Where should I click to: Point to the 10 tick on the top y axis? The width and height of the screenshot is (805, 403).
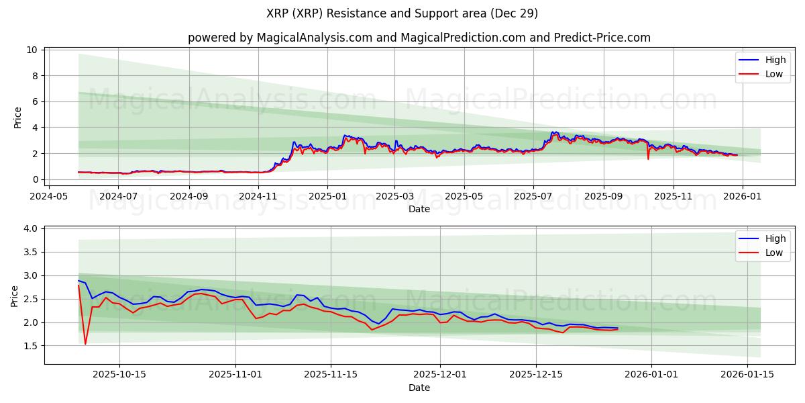[32, 50]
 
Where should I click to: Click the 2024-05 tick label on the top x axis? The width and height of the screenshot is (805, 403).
[49, 196]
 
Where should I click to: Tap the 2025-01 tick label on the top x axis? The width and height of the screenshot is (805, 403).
[327, 196]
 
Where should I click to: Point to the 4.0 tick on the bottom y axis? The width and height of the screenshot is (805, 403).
[30, 229]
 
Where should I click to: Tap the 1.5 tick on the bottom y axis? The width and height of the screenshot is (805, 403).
[30, 346]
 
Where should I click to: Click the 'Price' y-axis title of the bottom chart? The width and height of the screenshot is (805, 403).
[15, 296]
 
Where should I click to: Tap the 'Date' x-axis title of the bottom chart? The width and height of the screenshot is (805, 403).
[419, 388]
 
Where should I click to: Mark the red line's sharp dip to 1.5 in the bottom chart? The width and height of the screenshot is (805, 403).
[85, 344]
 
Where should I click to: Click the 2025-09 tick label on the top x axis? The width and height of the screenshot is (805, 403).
[603, 196]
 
